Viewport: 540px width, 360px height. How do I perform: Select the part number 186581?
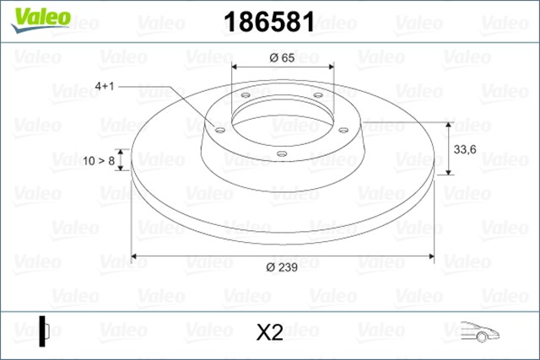pos(267,22)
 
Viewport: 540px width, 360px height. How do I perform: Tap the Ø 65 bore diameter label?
pos(282,57)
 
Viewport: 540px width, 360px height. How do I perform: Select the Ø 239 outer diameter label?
pos(281,267)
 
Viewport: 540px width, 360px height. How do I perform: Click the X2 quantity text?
pos(268,332)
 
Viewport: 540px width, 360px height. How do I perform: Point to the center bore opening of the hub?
pos(282,117)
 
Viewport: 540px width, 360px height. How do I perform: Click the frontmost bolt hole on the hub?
pos(280,153)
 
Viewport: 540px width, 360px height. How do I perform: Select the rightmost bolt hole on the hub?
pos(344,129)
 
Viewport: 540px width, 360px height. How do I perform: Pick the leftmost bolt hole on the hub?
pos(219,129)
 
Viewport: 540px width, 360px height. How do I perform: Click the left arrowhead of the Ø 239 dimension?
pos(138,255)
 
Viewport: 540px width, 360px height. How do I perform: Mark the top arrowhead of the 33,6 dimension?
pos(448,123)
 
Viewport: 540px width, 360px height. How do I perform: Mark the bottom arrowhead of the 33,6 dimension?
pos(448,172)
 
